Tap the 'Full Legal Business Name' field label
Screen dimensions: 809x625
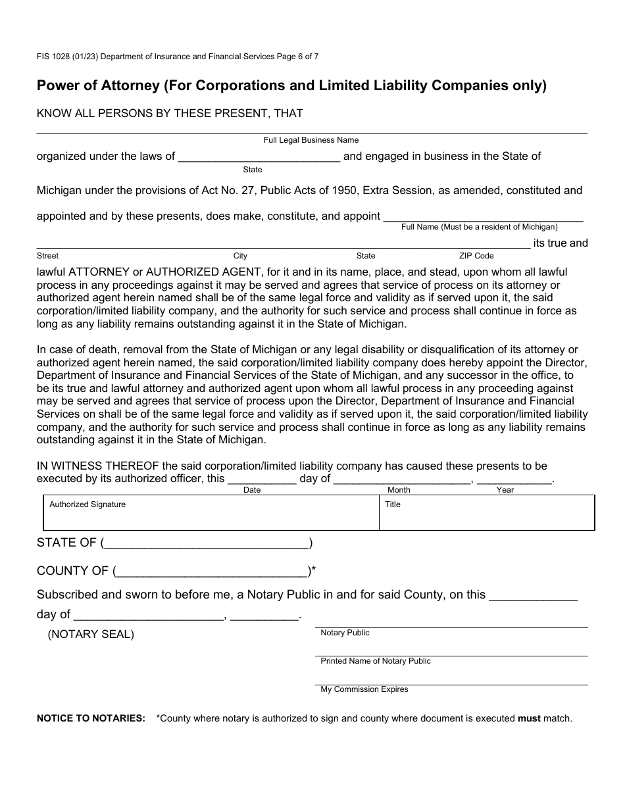pyautogui.click(x=311, y=140)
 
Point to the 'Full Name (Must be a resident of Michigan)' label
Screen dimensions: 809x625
pyautogui.click(x=479, y=227)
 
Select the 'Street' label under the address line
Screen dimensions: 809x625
pyautogui.click(x=47, y=256)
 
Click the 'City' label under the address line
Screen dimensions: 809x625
pyautogui.click(x=240, y=256)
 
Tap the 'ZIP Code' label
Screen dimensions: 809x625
pyautogui.click(x=476, y=256)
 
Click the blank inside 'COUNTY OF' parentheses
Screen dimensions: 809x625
pyautogui.click(x=211, y=572)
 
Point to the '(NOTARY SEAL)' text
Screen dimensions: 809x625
pyautogui.click(x=91, y=635)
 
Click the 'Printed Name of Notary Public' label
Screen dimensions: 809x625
pyautogui.click(x=376, y=661)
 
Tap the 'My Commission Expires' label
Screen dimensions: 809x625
pyautogui.click(x=364, y=689)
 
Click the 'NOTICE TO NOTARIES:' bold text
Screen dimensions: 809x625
pyautogui.click(x=91, y=718)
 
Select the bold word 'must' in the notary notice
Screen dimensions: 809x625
pyautogui.click(x=529, y=718)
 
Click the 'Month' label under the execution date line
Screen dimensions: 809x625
pyautogui.click(x=399, y=490)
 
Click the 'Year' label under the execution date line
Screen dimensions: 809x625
pyautogui.click(x=505, y=490)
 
